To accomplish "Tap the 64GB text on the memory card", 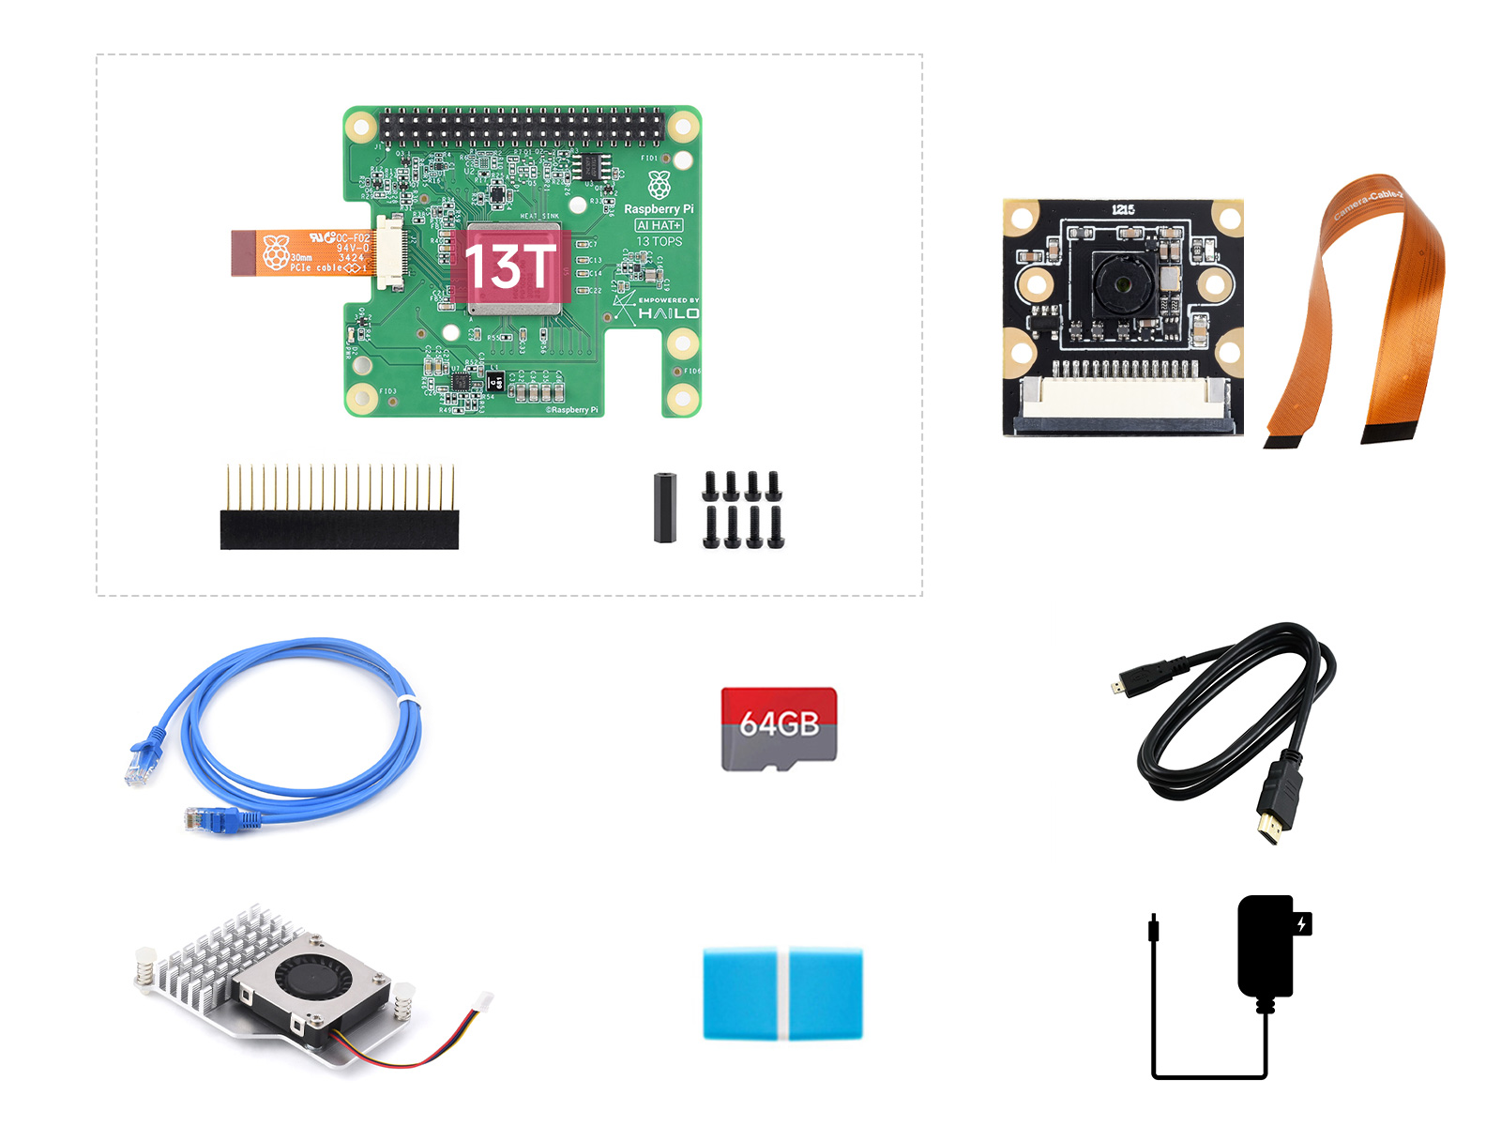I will pyautogui.click(x=779, y=723).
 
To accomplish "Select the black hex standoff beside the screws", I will pyautogui.click(x=665, y=508).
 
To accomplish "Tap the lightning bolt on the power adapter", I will pyautogui.click(x=1302, y=924).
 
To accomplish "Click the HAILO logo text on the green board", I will pyautogui.click(x=668, y=312).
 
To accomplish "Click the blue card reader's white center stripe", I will pyautogui.click(x=783, y=994).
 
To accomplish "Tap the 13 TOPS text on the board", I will pyautogui.click(x=660, y=241).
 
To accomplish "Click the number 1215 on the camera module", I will pyautogui.click(x=1123, y=209).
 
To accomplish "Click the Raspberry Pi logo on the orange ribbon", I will pyautogui.click(x=275, y=252).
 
